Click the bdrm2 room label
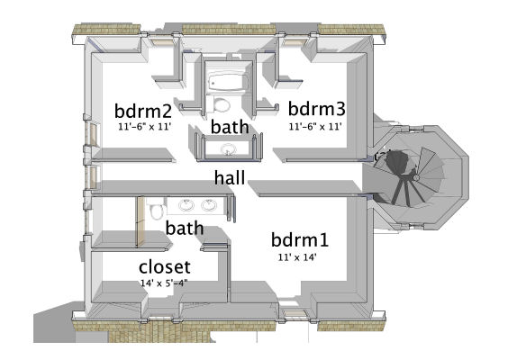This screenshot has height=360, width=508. tap(143, 112)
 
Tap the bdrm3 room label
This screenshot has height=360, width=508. tap(316, 109)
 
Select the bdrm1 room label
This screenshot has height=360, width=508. tap(300, 240)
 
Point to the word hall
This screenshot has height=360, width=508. tap(230, 177)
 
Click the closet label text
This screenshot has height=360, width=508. tap(165, 267)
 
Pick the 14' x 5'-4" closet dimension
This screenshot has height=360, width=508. tap(164, 283)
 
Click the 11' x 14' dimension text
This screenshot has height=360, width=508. tap(297, 257)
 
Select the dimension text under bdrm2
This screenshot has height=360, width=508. tap(144, 127)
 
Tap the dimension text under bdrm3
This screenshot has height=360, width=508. tap(315, 127)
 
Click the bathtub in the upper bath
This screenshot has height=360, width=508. tap(229, 81)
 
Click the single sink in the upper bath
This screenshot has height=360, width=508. tap(229, 149)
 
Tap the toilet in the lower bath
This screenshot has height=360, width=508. tap(156, 210)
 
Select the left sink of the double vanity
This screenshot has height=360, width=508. tap(186, 205)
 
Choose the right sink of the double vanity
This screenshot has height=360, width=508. tap(209, 205)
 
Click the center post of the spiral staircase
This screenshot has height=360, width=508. tap(416, 177)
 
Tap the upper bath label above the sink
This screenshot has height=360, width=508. tap(230, 127)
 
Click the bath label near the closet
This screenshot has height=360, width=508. tap(185, 229)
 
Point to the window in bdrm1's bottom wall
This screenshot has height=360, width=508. tap(295, 313)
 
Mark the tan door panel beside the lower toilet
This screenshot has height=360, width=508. tap(141, 222)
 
